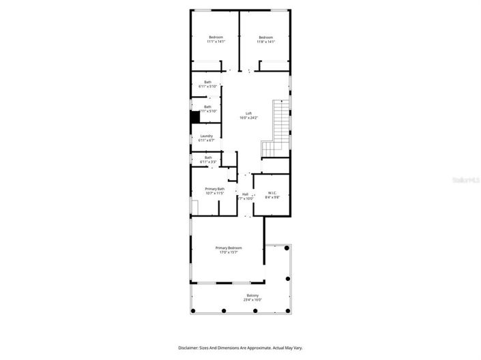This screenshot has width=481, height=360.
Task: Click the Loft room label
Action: pos(248,113)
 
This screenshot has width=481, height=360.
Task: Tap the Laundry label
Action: pos(206,136)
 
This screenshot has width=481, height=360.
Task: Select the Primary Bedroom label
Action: pos(229,247)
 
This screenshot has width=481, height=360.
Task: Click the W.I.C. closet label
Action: pos(272,192)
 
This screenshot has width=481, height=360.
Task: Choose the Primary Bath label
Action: pos(216,189)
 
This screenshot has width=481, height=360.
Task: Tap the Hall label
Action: pos(245,194)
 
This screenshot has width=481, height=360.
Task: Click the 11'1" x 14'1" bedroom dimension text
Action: pos(216,42)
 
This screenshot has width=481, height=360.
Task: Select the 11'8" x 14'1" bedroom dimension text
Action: pos(265,42)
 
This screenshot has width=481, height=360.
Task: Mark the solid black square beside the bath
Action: pos(194,117)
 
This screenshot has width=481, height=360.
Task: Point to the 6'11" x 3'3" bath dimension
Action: pos(207,162)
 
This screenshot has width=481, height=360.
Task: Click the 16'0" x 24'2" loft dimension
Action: pos(248,118)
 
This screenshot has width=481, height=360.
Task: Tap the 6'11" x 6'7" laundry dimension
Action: pos(206,140)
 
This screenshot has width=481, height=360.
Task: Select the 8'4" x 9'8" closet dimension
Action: pos(272,197)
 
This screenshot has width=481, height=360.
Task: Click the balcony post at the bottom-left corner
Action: pos(194,311)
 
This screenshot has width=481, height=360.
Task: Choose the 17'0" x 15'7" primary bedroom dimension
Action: pos(229,252)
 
